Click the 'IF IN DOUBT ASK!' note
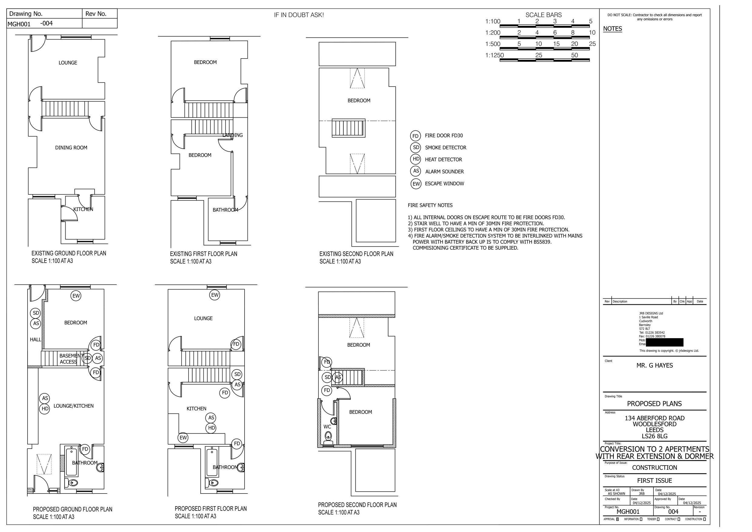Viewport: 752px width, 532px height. (299, 15)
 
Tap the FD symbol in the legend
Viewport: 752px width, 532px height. (415, 136)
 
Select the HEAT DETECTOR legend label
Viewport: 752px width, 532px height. (443, 160)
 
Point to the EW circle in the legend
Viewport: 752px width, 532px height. (416, 184)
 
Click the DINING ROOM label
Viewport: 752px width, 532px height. (71, 148)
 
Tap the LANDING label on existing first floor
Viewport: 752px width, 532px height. (232, 135)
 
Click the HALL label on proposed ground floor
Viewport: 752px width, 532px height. (35, 340)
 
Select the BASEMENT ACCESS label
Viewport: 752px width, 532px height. (69, 359)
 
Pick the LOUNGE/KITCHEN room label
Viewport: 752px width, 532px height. (73, 406)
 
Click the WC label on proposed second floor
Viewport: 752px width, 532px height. (327, 427)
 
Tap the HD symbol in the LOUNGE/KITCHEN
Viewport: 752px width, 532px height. (45, 409)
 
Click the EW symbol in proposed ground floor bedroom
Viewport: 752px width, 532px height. (76, 296)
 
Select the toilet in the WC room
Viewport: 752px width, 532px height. (328, 437)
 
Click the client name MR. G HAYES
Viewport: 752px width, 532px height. (654, 365)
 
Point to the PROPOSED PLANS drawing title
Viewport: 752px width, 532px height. (654, 404)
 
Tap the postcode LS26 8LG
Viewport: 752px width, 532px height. (654, 436)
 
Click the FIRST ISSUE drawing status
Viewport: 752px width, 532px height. (654, 480)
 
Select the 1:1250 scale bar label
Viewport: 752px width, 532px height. (494, 56)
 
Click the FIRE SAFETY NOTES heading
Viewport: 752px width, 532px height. (430, 206)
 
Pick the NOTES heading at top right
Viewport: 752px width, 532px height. (613, 29)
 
